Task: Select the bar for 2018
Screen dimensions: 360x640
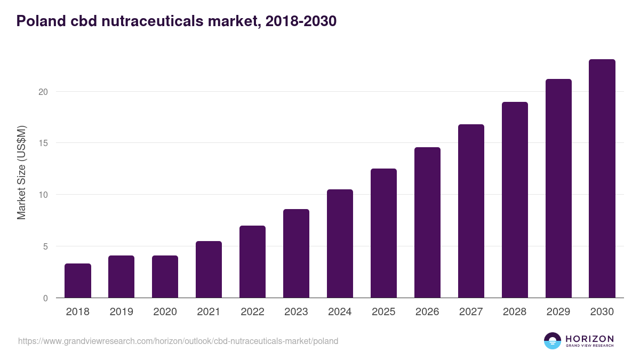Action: [78, 281]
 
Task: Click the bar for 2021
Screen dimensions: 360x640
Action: [209, 269]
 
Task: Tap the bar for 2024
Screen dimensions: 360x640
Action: [340, 244]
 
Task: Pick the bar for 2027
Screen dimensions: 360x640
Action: [471, 211]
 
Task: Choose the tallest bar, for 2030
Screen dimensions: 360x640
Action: [602, 179]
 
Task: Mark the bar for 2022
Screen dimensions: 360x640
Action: [252, 262]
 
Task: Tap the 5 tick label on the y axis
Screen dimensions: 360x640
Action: [45, 246]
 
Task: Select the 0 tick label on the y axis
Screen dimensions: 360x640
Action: [45, 298]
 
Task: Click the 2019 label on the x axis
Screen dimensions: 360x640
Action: [122, 312]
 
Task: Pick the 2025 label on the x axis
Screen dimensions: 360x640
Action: [383, 312]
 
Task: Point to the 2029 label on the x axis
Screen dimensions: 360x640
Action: [558, 312]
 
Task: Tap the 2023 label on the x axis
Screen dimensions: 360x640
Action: [296, 312]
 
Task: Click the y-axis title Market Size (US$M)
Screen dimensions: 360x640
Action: [21, 172]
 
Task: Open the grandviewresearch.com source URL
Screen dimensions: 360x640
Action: [178, 341]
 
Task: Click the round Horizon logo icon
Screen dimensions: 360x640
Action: [553, 341]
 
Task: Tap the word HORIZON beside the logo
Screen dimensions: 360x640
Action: [589, 339]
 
